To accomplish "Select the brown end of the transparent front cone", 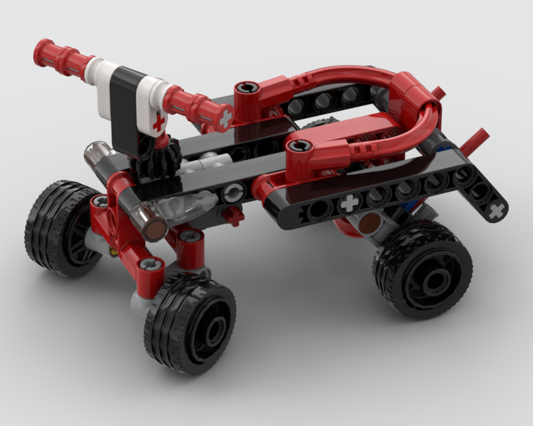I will (155, 229).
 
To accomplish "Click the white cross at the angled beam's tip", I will (496, 211).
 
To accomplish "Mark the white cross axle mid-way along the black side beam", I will (349, 203).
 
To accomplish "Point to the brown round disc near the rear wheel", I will (366, 226).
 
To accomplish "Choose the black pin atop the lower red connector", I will (300, 145).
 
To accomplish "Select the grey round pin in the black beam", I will (233, 193).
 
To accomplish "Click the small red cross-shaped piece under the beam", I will (233, 215).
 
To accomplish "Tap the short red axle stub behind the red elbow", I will (438, 93).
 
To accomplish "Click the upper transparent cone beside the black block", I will (96, 155).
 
